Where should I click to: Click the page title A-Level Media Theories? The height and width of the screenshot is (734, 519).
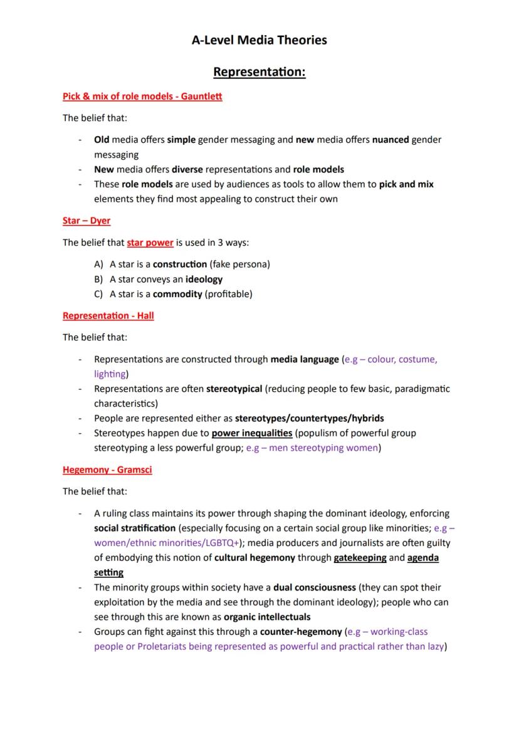pyautogui.click(x=259, y=40)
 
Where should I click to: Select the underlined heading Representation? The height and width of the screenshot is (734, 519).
pyautogui.click(x=259, y=72)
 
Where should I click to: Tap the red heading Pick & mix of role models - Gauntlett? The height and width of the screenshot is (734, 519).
pyautogui.click(x=142, y=96)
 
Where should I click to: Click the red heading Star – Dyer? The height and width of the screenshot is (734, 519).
pyautogui.click(x=86, y=221)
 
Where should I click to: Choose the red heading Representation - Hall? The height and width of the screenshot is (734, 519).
pyautogui.click(x=108, y=315)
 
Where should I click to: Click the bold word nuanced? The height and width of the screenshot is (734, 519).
pyautogui.click(x=391, y=140)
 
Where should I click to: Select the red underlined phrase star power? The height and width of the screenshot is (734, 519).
pyautogui.click(x=150, y=243)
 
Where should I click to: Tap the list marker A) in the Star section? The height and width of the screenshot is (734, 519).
pyautogui.click(x=98, y=264)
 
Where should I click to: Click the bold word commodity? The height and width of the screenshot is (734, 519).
pyautogui.click(x=177, y=293)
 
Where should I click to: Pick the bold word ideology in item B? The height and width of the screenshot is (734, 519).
pyautogui.click(x=204, y=279)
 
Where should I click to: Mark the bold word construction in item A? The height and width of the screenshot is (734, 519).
pyautogui.click(x=180, y=264)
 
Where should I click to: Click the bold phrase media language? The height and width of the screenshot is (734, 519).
pyautogui.click(x=304, y=359)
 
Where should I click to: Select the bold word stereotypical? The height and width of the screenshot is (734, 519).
pyautogui.click(x=234, y=389)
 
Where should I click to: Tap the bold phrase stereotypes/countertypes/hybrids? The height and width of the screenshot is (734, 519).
pyautogui.click(x=309, y=418)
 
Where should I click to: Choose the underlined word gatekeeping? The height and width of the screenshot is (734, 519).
pyautogui.click(x=360, y=557)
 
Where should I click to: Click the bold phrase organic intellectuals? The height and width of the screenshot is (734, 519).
pyautogui.click(x=267, y=617)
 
